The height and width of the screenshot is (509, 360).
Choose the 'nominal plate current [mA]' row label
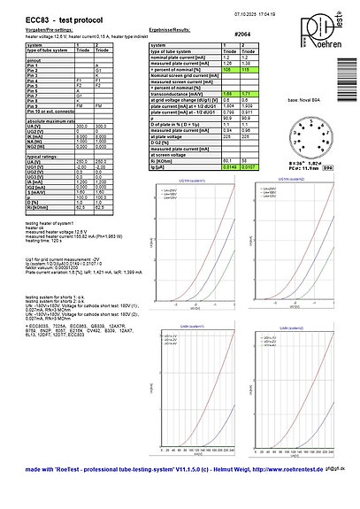coord(180,58)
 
